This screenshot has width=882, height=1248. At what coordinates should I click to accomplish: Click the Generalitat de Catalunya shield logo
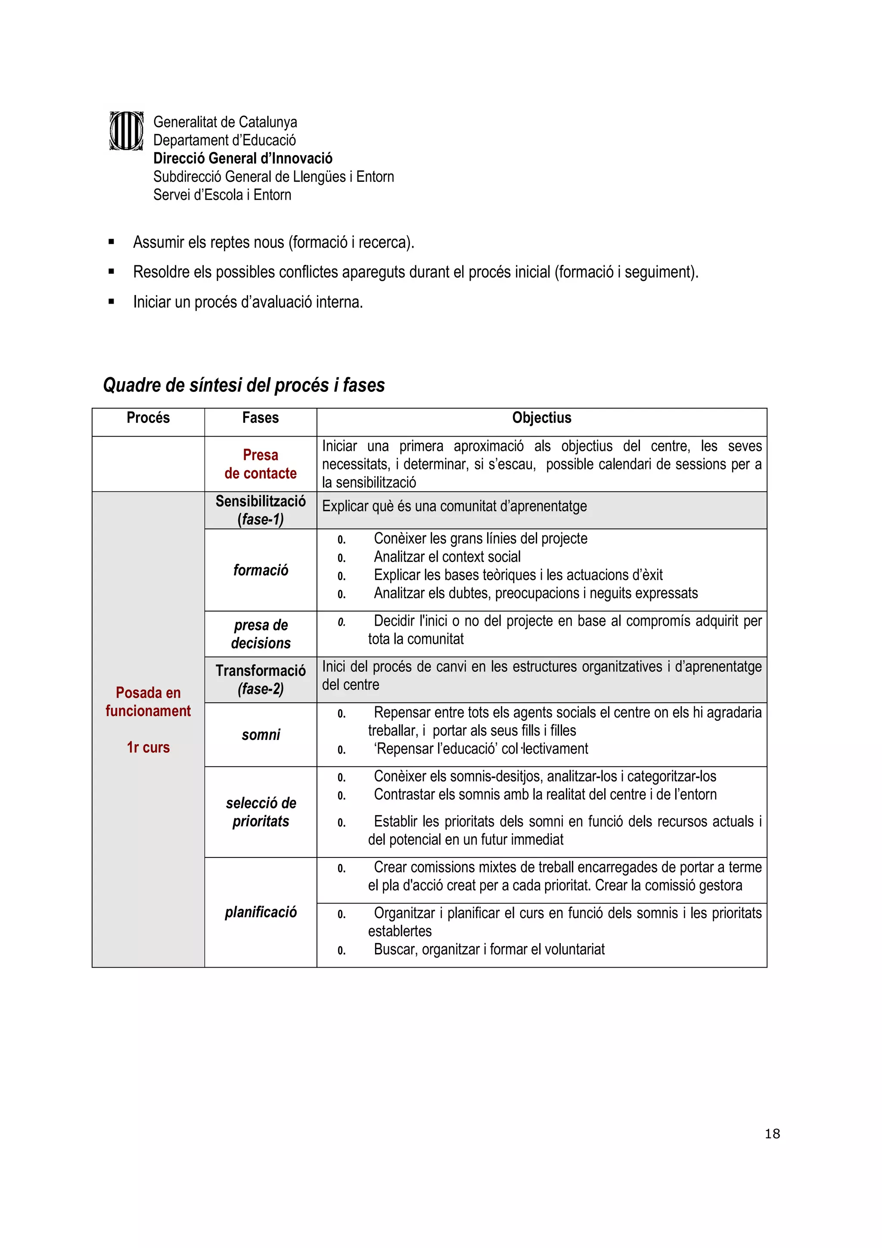point(126,131)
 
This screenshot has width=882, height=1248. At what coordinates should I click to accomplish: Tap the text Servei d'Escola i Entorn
point(222,195)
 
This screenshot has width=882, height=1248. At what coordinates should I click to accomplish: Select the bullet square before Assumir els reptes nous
point(112,242)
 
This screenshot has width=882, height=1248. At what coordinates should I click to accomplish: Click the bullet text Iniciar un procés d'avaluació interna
point(248,302)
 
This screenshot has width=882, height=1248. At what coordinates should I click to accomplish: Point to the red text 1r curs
point(148,748)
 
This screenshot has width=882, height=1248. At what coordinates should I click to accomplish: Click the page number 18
point(772,1134)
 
